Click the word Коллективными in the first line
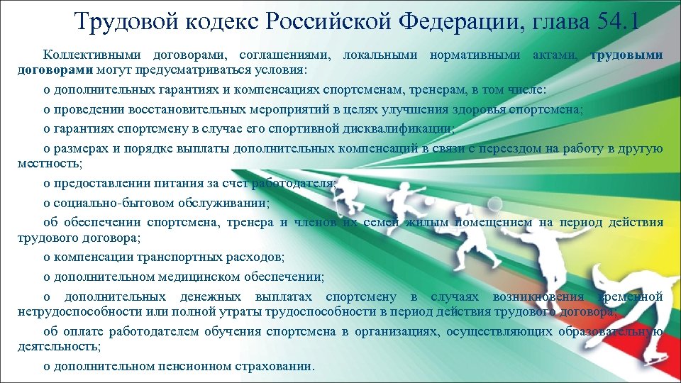[x=88, y=55]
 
